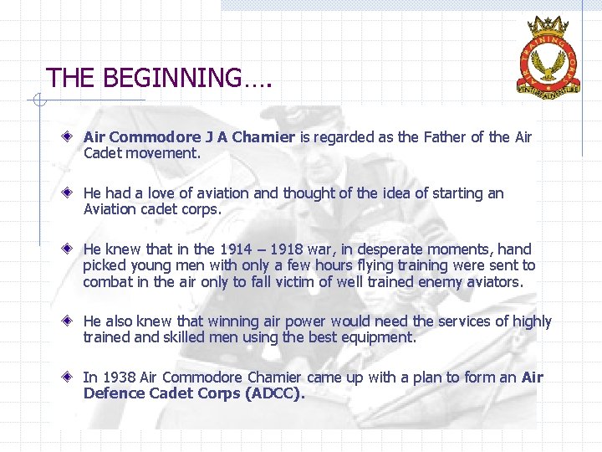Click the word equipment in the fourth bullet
coord(377,338)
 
